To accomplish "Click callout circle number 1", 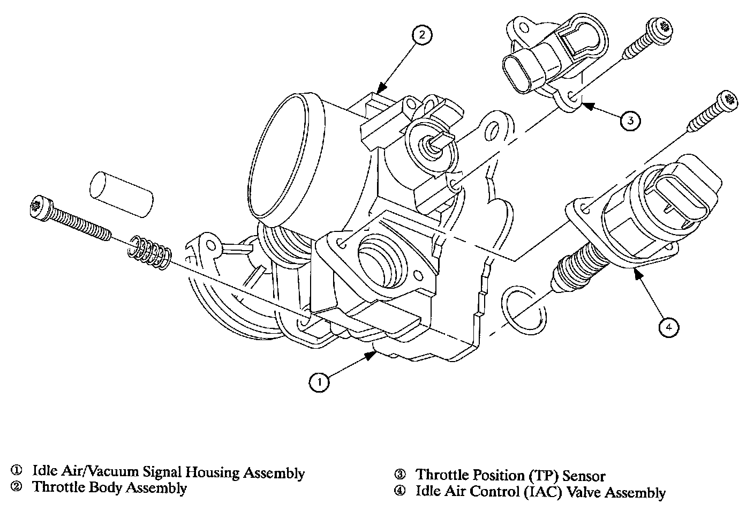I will point(320,381).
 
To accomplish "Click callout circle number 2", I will point(421,35).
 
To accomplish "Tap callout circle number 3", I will point(630,120).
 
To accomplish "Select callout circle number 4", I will point(669,326).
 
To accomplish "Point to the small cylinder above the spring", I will point(122,194).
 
